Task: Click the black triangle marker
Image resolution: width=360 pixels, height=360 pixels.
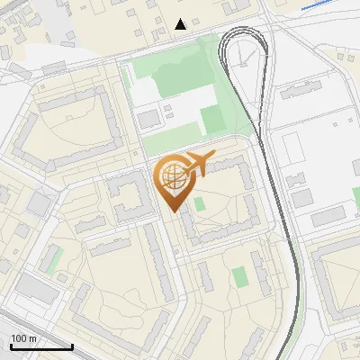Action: click(x=181, y=24)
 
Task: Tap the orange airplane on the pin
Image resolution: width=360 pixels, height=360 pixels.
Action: click(x=198, y=164)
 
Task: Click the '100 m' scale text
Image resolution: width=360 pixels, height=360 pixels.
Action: click(x=24, y=338)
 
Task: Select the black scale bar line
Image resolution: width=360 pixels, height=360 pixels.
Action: click(x=41, y=346)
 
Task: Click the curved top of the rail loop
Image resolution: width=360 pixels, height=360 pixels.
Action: click(x=244, y=33)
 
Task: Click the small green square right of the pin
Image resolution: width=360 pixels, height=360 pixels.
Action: click(x=200, y=203)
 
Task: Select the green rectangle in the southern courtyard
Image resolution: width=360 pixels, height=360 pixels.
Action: click(x=238, y=276)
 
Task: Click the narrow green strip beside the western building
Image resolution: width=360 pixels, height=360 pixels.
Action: click(x=55, y=259)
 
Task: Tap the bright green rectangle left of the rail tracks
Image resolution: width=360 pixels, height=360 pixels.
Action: click(x=212, y=119)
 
